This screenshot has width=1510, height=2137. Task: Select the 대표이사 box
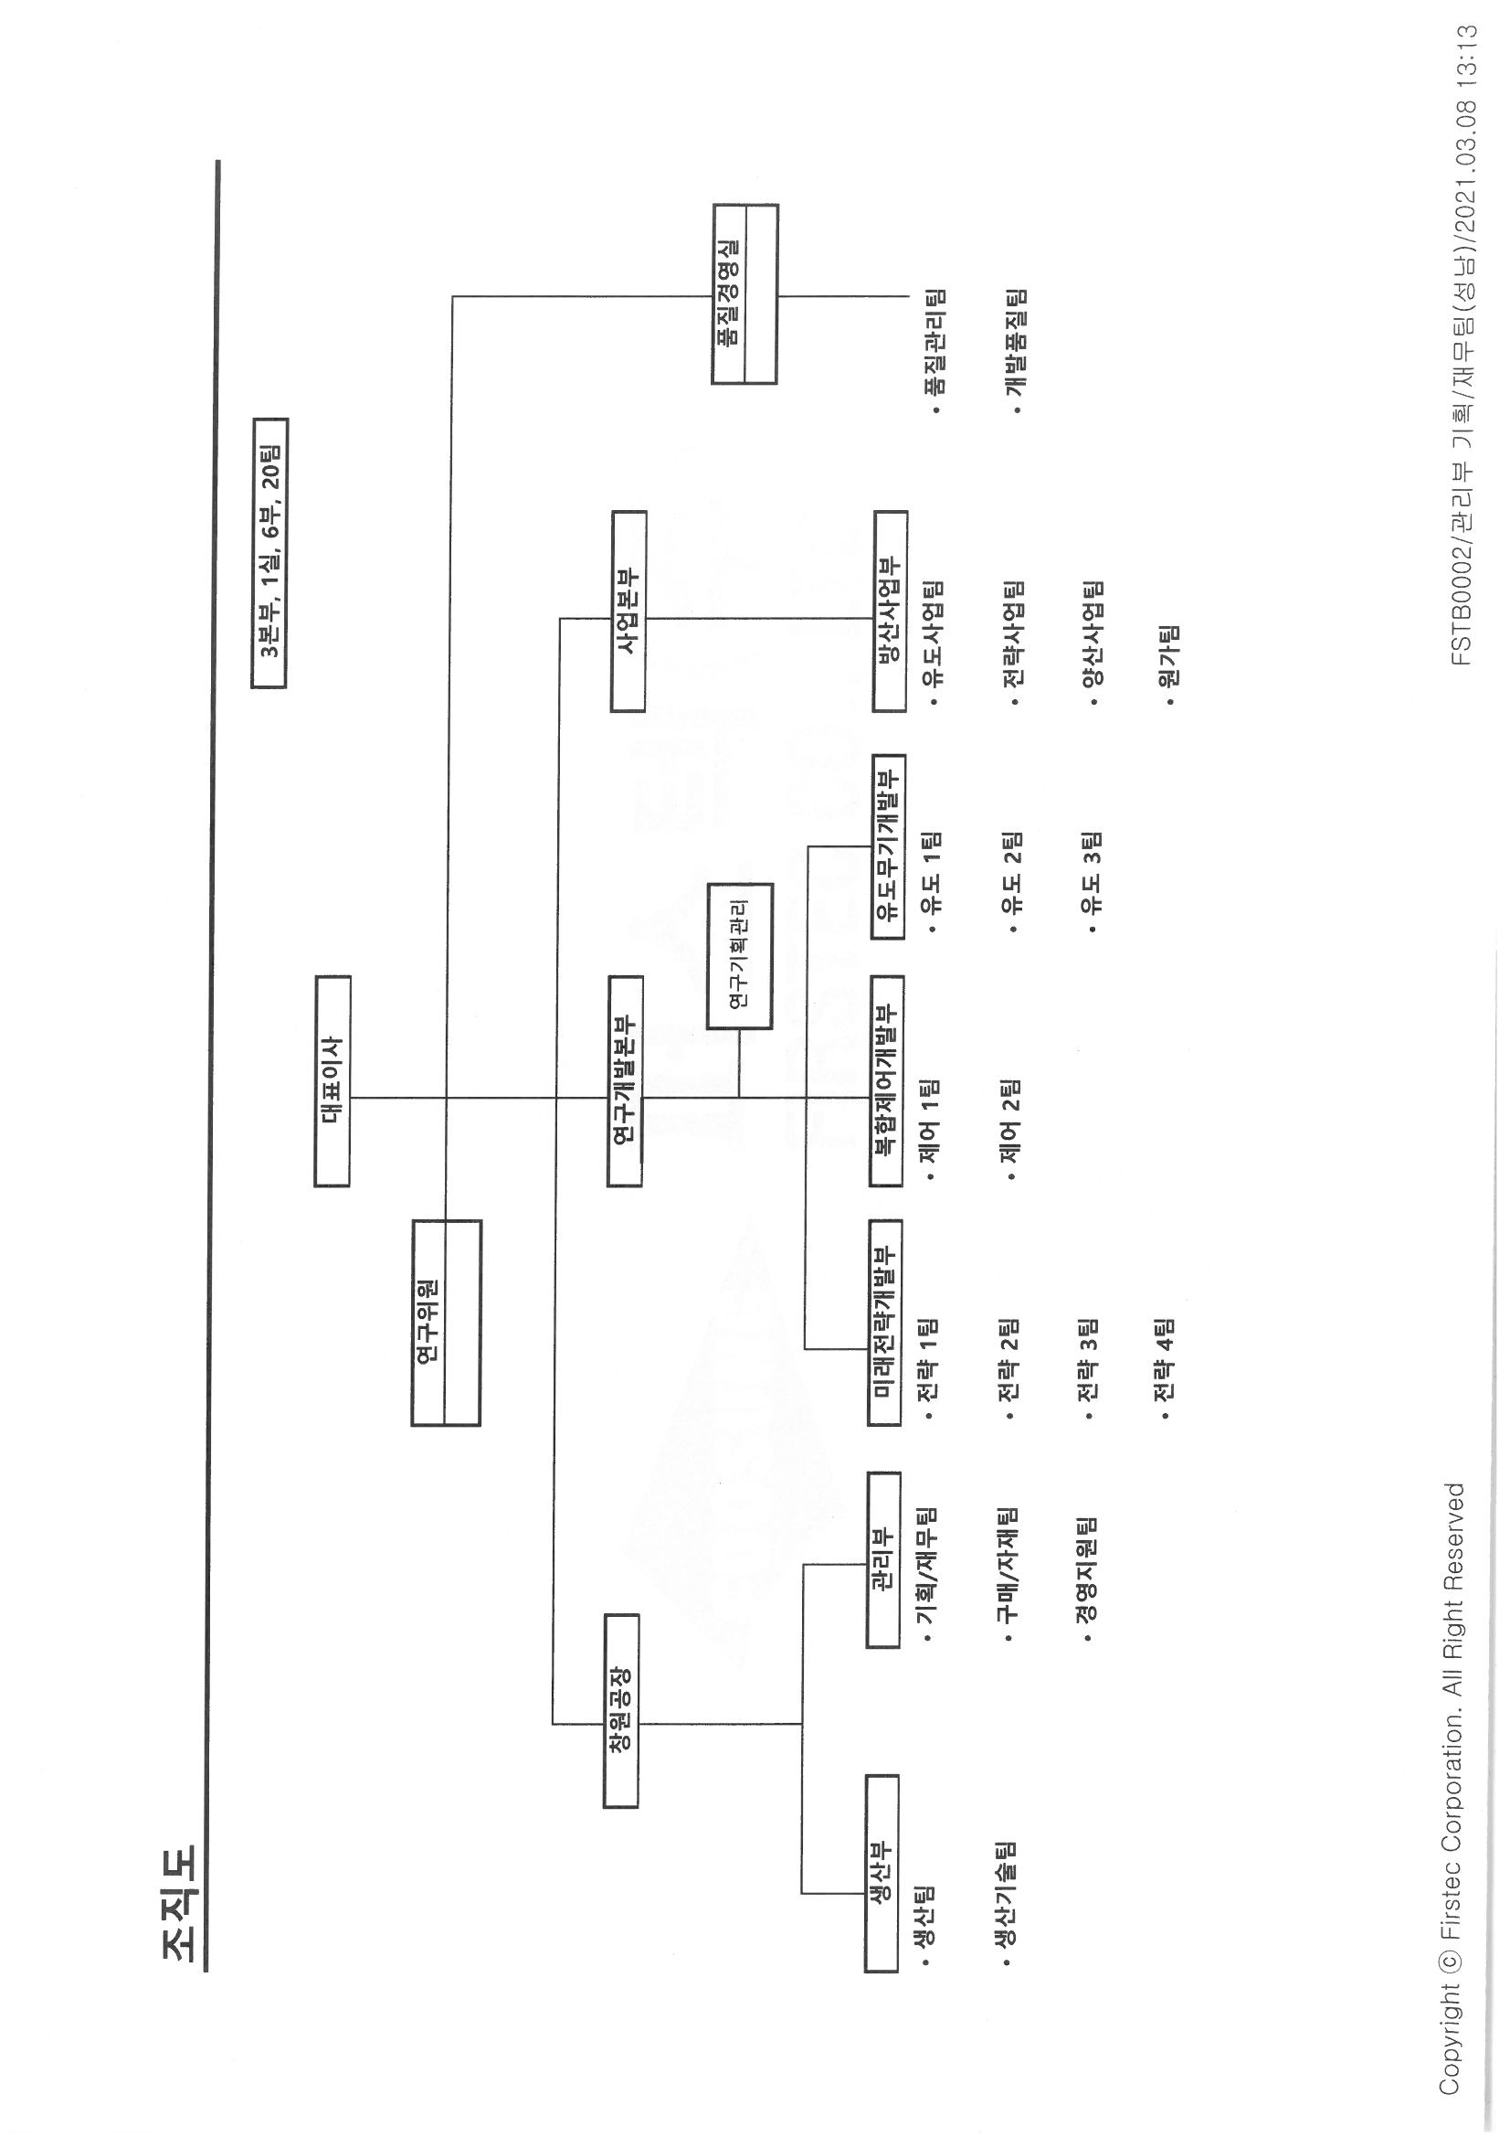[x=333, y=1080]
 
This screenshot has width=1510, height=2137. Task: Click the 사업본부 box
[x=628, y=611]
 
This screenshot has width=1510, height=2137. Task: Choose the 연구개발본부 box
[x=624, y=1080]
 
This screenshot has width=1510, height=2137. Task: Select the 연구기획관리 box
[x=740, y=956]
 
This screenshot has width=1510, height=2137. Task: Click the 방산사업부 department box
[x=891, y=611]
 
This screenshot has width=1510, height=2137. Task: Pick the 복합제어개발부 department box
[x=886, y=1080]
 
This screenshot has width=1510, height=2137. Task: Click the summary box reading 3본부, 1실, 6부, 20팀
[x=269, y=553]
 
